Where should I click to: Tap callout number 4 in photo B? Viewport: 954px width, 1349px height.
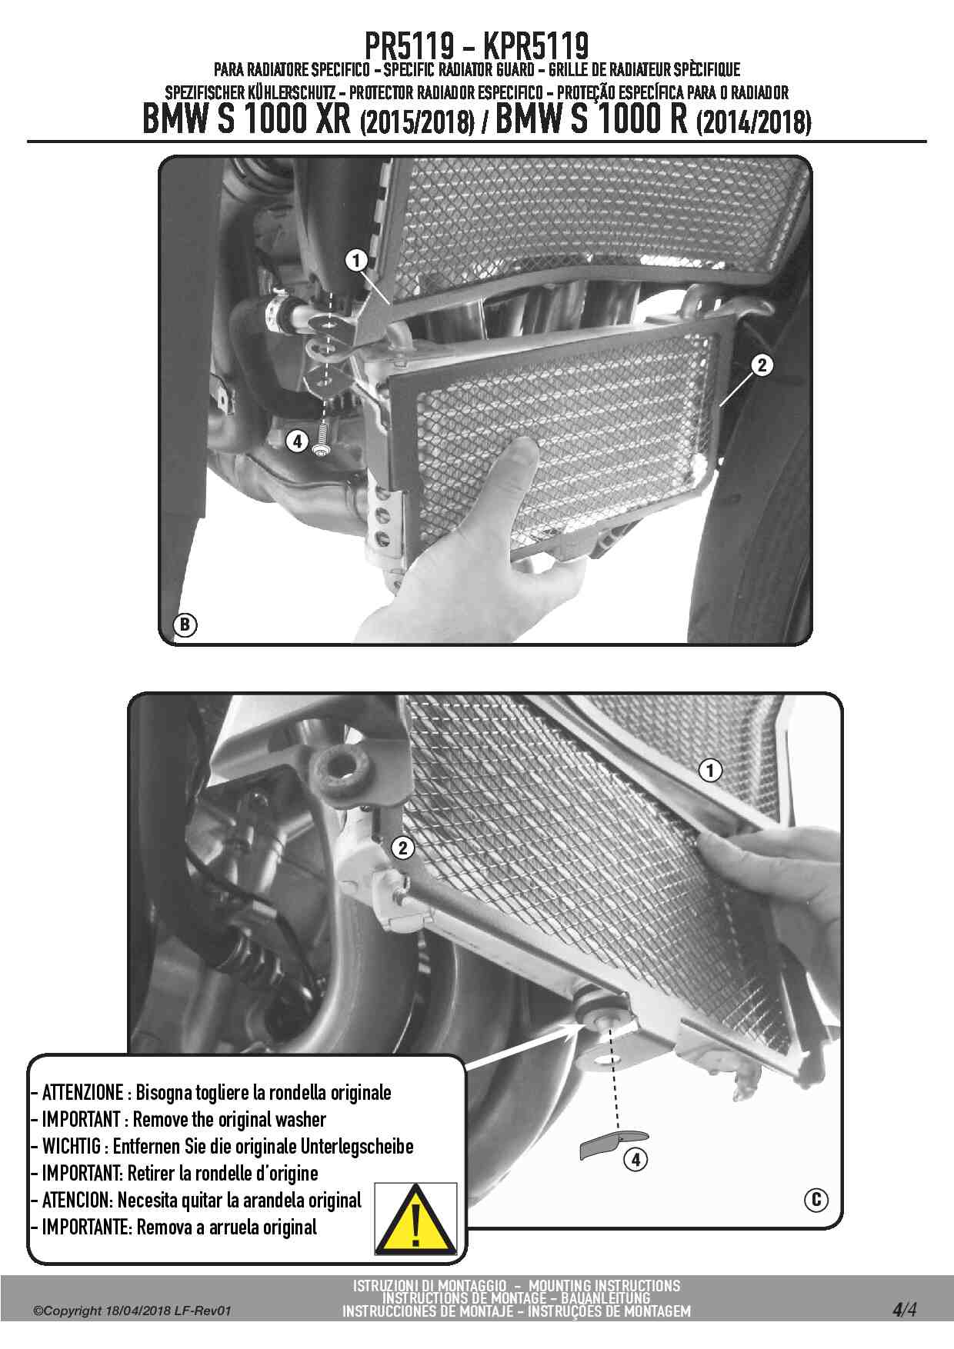point(298,441)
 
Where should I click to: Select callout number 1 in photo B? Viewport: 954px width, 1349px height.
point(355,261)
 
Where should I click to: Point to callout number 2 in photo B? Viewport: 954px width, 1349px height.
point(761,365)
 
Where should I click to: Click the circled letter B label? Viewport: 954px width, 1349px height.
point(185,624)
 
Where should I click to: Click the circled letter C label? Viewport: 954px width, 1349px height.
point(816,1199)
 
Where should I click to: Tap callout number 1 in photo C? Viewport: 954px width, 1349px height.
point(710,770)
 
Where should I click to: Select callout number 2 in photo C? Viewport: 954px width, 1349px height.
point(402,848)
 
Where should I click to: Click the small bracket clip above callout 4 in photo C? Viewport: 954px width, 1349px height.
point(613,1143)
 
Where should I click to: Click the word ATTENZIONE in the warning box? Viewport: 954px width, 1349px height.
point(82,1092)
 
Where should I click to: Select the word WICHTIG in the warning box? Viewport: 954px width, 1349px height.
point(71,1146)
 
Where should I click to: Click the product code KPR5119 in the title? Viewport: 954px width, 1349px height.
point(536,46)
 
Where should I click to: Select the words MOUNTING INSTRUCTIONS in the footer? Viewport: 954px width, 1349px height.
point(605,1285)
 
